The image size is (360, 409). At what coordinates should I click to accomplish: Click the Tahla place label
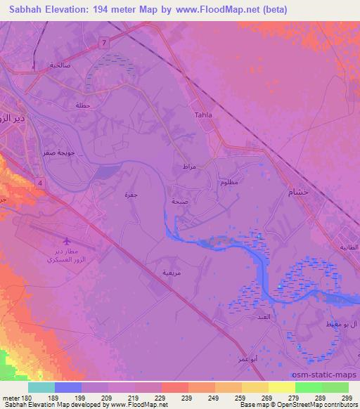202,115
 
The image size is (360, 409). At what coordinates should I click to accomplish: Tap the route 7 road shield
105,44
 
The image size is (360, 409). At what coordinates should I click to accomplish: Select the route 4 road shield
41,182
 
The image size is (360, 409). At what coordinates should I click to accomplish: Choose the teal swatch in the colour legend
41,387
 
